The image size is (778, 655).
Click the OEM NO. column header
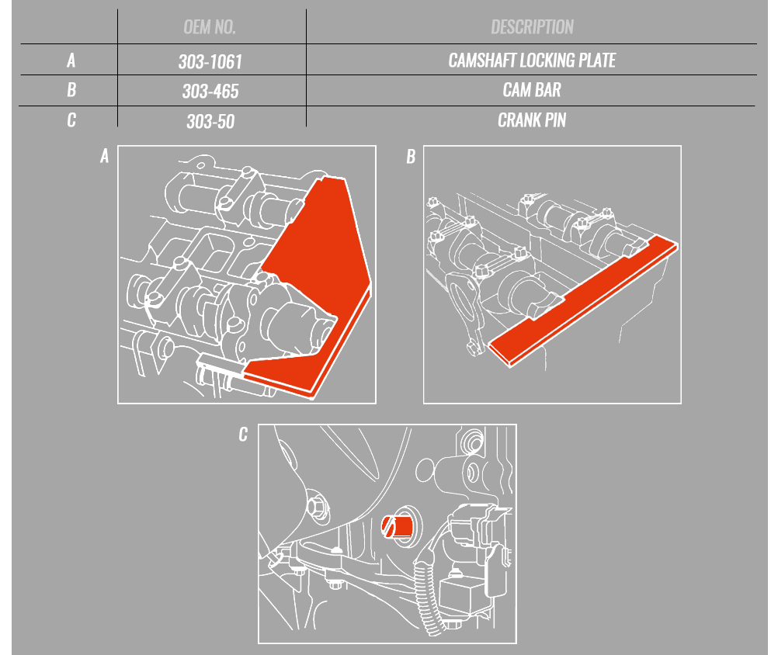click(210, 27)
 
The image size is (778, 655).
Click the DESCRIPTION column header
click(532, 27)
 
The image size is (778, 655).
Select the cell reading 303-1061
click(210, 61)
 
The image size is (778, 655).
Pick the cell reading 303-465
click(210, 92)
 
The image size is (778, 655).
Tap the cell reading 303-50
click(210, 122)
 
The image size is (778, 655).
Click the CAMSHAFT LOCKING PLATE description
click(532, 61)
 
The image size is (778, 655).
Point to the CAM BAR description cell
click(532, 90)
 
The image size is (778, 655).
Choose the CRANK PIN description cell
click(532, 120)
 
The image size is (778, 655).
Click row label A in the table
click(71, 61)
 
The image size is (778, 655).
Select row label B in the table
click(71, 90)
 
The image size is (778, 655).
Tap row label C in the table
click(71, 120)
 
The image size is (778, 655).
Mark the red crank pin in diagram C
click(398, 527)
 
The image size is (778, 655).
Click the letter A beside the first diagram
click(104, 156)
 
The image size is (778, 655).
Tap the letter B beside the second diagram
click(411, 157)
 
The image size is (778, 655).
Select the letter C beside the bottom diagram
click(243, 435)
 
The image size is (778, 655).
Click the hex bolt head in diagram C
click(317, 507)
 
